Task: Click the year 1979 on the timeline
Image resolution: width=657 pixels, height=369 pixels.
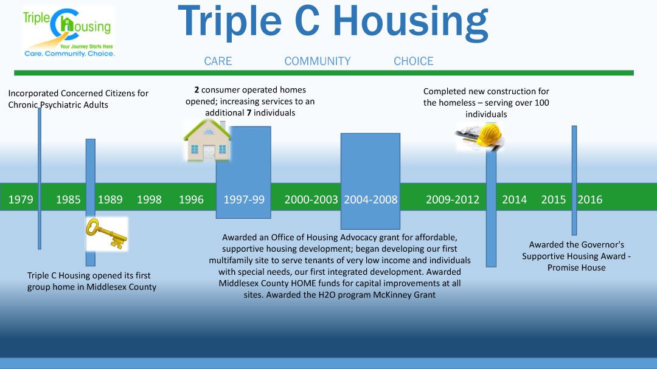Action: (x=21, y=199)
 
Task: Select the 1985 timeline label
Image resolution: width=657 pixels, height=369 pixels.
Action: (x=68, y=199)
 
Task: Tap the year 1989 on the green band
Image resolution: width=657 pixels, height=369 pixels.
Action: (x=110, y=199)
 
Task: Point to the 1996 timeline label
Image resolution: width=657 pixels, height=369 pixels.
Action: (x=191, y=199)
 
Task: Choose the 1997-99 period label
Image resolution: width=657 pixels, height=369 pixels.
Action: (x=244, y=199)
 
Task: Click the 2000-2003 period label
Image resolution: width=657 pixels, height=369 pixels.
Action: (x=311, y=199)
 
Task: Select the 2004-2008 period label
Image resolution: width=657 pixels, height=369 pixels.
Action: (x=371, y=199)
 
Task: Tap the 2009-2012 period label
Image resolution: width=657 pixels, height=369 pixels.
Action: (x=453, y=199)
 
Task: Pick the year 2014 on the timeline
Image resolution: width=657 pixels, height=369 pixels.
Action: (x=515, y=199)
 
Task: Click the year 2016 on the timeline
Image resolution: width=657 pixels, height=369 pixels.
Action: (x=590, y=199)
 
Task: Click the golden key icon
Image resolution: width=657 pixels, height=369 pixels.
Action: (x=106, y=233)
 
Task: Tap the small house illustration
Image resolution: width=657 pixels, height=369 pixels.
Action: (x=207, y=140)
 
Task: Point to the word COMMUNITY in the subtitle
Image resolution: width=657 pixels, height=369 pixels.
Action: (x=318, y=61)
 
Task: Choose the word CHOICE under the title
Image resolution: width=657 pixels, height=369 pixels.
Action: (x=414, y=61)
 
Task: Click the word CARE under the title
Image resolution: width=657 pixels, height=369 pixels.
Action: (x=218, y=61)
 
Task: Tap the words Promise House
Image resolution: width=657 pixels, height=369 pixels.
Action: (x=577, y=267)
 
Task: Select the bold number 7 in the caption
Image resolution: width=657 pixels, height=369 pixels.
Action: (x=249, y=112)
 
